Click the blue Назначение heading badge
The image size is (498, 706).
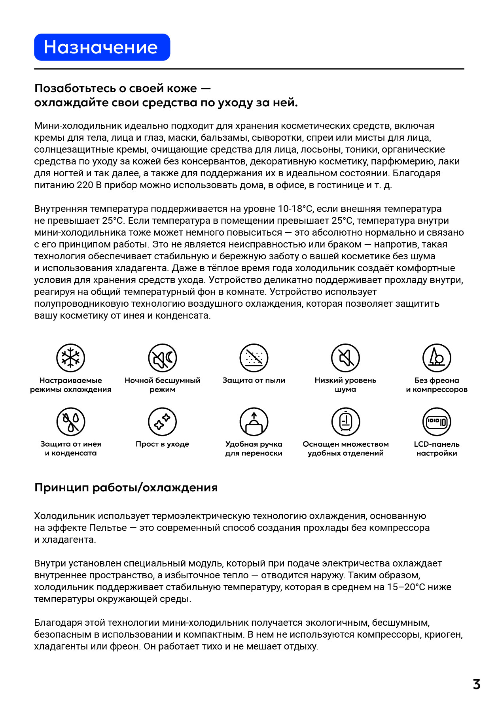(102, 47)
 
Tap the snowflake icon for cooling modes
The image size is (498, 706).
(71, 358)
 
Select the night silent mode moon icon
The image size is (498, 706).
(162, 358)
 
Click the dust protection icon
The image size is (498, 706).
(254, 358)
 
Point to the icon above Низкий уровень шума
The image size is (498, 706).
(345, 358)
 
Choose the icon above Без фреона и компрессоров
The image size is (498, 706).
(437, 358)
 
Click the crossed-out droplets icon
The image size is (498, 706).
(71, 422)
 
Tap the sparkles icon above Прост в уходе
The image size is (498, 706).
(162, 422)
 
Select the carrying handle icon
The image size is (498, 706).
(254, 422)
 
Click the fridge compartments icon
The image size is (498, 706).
(345, 422)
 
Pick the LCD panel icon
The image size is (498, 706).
(437, 422)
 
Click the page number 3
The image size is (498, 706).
(477, 684)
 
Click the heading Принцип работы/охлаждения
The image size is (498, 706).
(126, 487)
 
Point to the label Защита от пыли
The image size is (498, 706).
(254, 380)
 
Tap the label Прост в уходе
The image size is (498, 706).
(162, 444)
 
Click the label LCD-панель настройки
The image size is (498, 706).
(437, 449)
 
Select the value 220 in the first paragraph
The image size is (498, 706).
(85, 185)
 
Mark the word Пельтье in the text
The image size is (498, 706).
(108, 528)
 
